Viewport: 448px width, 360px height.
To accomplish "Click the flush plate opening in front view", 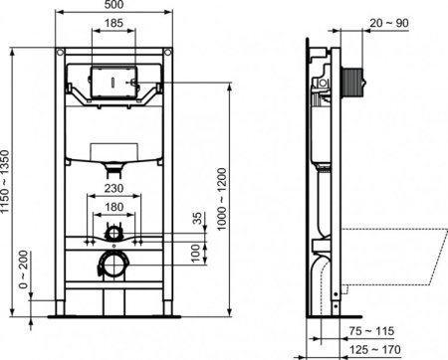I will [x=114, y=80].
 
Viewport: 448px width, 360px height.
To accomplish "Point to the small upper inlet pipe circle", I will [x=115, y=235].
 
